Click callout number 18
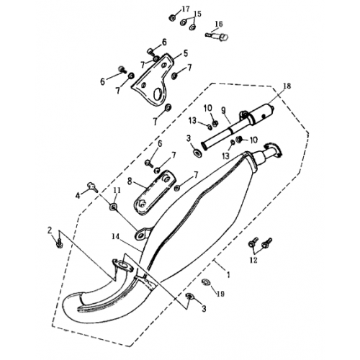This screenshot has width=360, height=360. (287, 86)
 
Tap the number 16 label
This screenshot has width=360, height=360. (219, 24)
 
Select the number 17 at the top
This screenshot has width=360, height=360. (186, 9)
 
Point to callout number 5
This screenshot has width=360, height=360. (185, 53)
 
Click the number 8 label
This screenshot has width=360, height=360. (130, 181)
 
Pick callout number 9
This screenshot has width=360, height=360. (223, 110)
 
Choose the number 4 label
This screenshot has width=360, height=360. (78, 194)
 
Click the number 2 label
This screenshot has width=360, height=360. (50, 230)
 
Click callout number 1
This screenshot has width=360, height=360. (229, 275)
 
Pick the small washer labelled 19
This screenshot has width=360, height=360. (206, 282)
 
